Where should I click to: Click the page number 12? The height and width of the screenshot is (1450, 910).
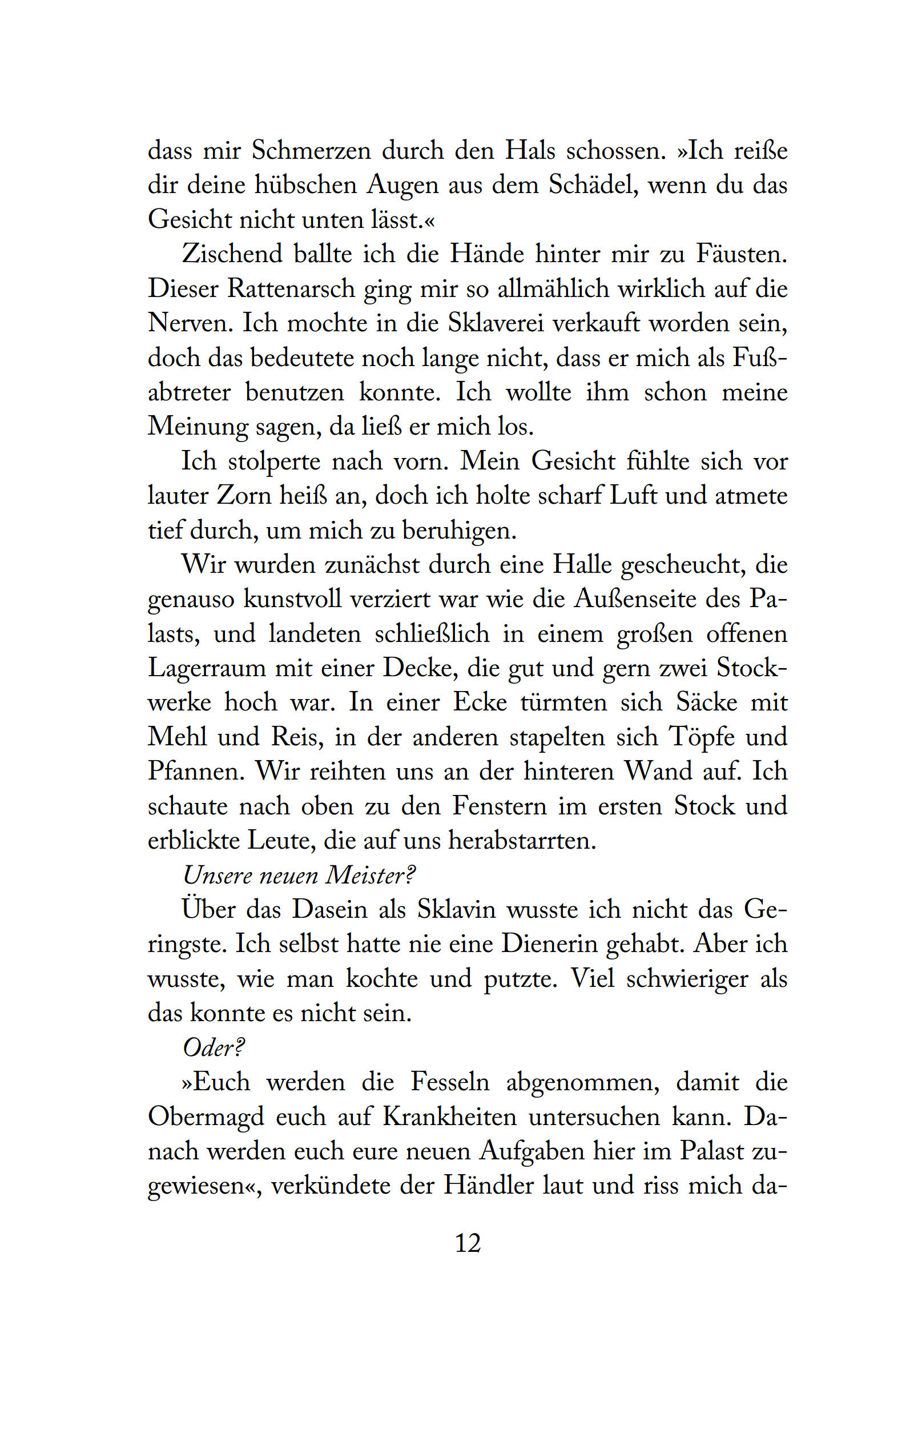point(468,1243)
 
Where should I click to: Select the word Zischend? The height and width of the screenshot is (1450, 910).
point(232,254)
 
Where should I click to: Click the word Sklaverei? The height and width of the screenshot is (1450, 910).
point(496,323)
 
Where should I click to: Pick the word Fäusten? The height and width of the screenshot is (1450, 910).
point(741,254)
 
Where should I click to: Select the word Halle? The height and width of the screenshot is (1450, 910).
point(581,565)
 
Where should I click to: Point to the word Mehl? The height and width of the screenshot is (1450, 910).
point(178,737)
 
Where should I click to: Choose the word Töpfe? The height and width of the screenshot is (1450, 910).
point(702,737)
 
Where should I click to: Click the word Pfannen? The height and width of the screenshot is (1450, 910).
point(196,772)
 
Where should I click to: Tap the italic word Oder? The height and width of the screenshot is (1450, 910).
point(212,1049)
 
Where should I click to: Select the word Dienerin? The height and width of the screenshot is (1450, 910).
point(547,945)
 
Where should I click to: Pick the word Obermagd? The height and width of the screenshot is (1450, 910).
point(206,1117)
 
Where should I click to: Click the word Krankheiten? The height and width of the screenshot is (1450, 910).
point(450,1117)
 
